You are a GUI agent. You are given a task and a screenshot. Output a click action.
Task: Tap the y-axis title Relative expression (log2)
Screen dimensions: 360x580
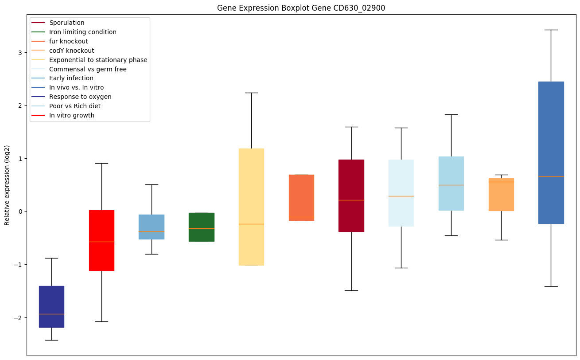coord(7,185)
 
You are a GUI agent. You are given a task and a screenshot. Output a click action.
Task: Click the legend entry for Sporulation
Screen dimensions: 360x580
coord(67,23)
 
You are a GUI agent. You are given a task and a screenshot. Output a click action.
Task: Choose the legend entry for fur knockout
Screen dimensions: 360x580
coord(69,41)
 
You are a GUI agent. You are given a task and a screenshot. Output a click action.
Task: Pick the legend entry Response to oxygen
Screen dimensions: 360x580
coord(80,97)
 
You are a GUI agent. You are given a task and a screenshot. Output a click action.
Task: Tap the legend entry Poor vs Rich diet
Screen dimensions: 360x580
coord(75,106)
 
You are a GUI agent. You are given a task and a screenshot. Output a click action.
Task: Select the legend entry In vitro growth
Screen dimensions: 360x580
coord(72,115)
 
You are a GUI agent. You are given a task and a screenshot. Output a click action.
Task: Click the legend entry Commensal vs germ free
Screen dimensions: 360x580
coord(88,69)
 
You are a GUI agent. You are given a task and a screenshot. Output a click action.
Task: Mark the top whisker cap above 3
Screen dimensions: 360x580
coord(551,30)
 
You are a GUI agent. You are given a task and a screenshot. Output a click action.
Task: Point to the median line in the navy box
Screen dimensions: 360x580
coord(51,314)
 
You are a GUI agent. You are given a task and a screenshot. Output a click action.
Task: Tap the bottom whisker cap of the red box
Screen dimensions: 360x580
coord(101,321)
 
